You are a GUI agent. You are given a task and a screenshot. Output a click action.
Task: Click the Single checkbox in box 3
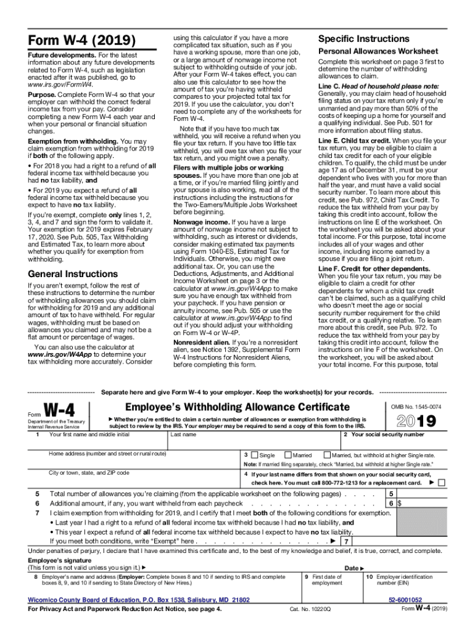point(254,454)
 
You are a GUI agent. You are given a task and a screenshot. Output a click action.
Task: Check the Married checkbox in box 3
point(287,454)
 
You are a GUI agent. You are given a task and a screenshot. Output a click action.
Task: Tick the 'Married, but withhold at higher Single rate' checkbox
point(327,454)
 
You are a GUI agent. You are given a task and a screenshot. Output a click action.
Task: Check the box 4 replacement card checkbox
point(440,483)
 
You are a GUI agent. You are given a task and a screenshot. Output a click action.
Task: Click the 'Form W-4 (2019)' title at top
point(81,41)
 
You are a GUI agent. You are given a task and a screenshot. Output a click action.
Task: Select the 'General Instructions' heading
point(73,273)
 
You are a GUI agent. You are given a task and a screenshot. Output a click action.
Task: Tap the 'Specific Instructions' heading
point(363,38)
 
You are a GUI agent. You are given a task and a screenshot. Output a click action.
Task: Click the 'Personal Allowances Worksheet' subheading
point(378,51)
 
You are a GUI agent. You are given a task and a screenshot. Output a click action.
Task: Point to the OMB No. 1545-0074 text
point(416,407)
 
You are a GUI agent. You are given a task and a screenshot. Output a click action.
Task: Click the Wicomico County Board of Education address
point(139,599)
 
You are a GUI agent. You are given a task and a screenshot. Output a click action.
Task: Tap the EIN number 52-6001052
point(405,599)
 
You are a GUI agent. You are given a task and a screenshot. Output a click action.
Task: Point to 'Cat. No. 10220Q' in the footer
point(310,609)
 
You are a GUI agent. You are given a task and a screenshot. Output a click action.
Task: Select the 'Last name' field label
point(184,434)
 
